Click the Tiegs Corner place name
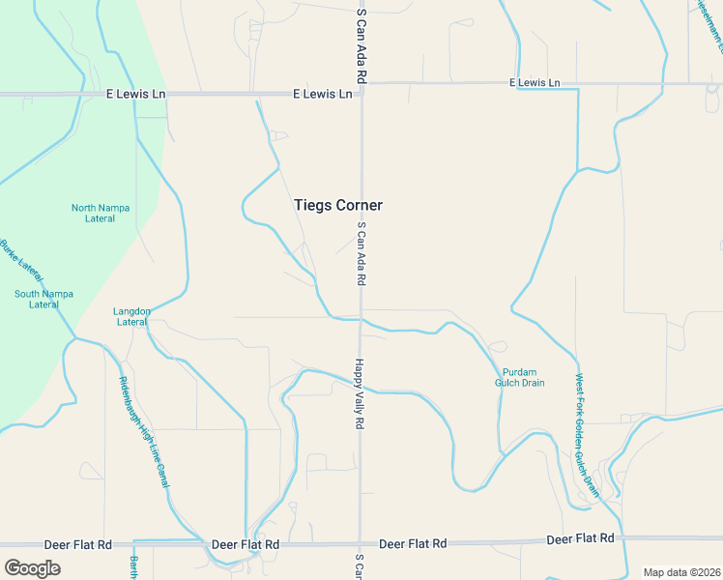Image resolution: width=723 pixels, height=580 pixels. [337, 205]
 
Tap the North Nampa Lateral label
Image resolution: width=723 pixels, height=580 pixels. [93, 213]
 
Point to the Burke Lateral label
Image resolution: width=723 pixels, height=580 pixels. [22, 258]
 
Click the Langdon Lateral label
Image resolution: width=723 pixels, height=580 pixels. [131, 316]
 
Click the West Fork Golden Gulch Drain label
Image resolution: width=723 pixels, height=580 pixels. [588, 434]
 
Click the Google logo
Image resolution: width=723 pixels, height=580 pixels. [32, 568]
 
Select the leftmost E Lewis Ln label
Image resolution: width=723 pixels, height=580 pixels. [135, 95]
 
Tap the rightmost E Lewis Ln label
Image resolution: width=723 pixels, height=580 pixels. [535, 83]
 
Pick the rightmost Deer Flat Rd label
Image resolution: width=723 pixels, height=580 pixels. [580, 537]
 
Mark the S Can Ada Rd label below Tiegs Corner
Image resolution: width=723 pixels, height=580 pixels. [361, 253]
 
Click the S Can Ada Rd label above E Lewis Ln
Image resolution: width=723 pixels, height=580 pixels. [361, 46]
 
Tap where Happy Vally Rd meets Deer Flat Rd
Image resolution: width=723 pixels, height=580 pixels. [360, 544]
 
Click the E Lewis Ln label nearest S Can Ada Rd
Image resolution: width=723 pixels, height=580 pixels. [323, 95]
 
